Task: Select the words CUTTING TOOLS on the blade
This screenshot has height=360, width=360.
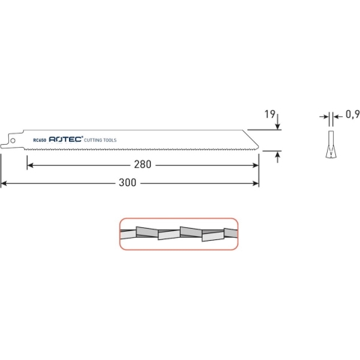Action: click(x=100, y=139)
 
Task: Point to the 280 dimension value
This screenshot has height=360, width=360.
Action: click(x=143, y=165)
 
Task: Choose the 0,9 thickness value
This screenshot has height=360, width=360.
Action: click(x=351, y=116)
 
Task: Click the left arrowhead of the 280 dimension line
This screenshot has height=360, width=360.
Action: click(x=29, y=165)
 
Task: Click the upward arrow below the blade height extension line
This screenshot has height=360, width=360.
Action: click(x=278, y=155)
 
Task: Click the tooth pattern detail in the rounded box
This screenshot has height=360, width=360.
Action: click(x=178, y=232)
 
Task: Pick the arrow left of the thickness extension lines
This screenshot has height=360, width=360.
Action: click(x=323, y=116)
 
